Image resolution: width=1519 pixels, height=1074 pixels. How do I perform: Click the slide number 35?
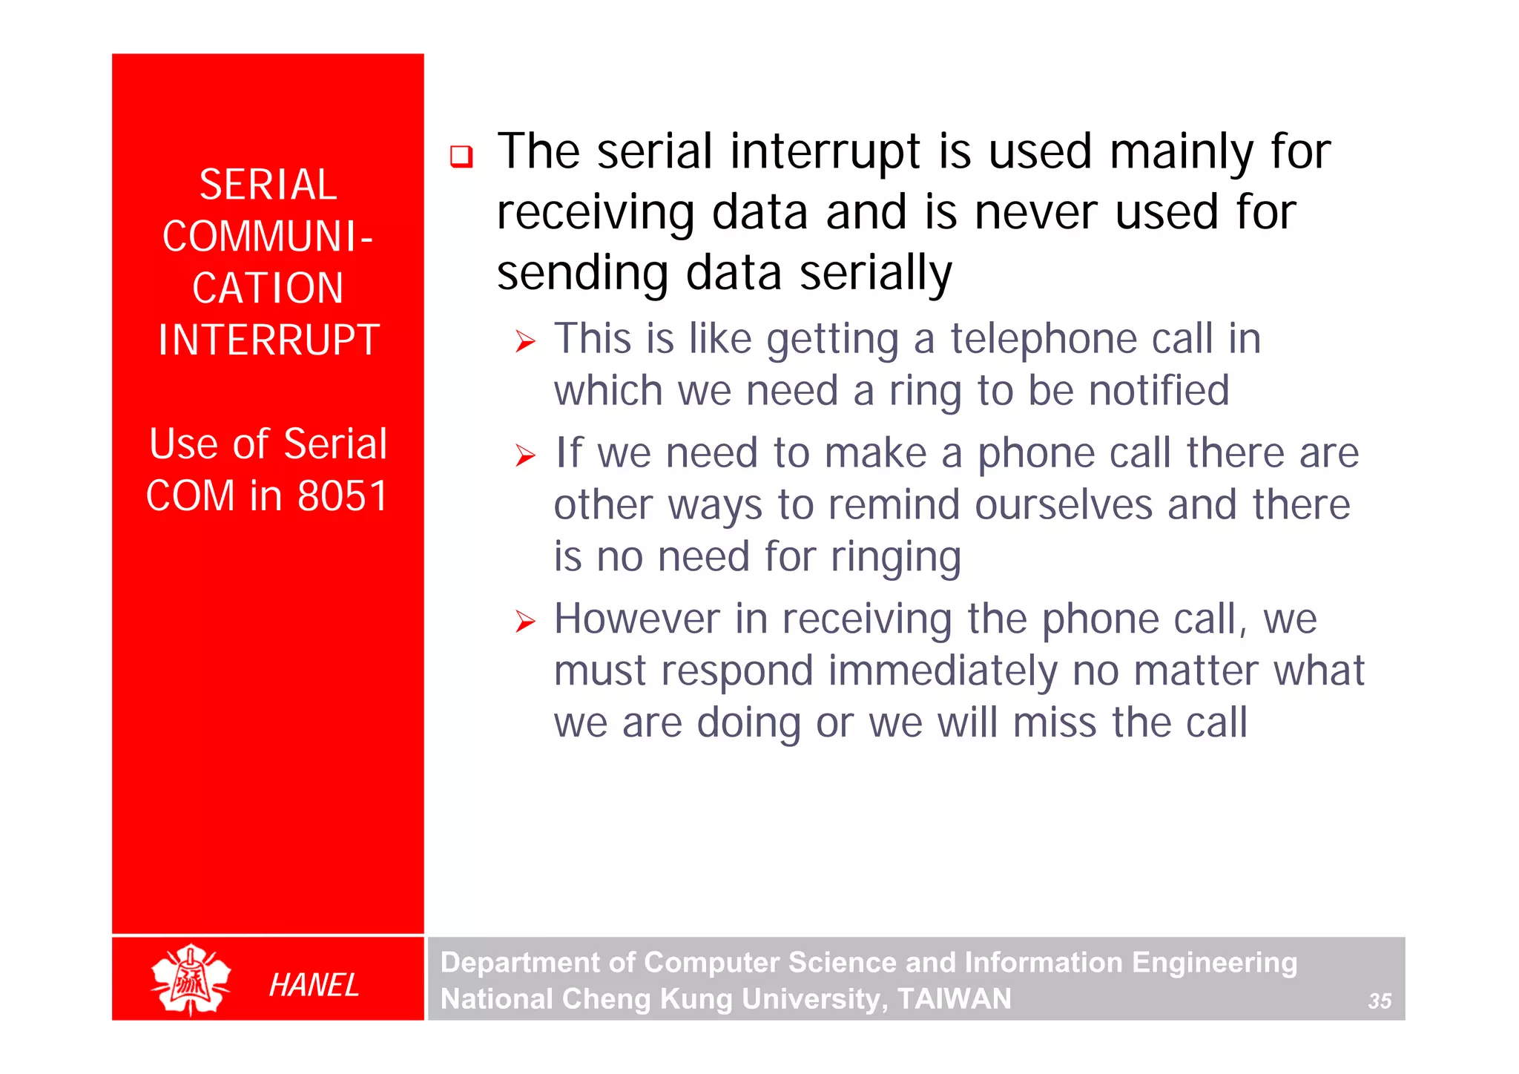(1379, 1001)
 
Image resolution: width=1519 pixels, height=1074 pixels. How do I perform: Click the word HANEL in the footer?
(314, 985)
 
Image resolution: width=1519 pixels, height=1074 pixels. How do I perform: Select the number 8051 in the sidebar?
(342, 495)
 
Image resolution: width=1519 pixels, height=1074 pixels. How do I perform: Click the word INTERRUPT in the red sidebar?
(268, 340)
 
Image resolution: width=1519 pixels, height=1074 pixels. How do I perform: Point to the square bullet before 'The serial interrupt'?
(461, 157)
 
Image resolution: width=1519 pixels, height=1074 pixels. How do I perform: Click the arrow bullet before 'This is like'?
(525, 342)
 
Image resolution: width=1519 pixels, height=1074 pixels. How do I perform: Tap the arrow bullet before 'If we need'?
(525, 455)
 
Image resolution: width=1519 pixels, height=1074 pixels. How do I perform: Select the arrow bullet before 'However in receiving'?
(525, 622)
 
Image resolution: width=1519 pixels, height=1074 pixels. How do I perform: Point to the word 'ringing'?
(895, 558)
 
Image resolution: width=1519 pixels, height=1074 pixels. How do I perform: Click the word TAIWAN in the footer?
(954, 998)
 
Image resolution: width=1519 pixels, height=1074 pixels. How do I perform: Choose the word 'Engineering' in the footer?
(1214, 963)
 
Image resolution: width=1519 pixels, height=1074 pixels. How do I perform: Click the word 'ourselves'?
(1063, 505)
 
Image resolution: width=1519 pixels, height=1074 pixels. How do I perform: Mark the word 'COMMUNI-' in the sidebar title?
(268, 237)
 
